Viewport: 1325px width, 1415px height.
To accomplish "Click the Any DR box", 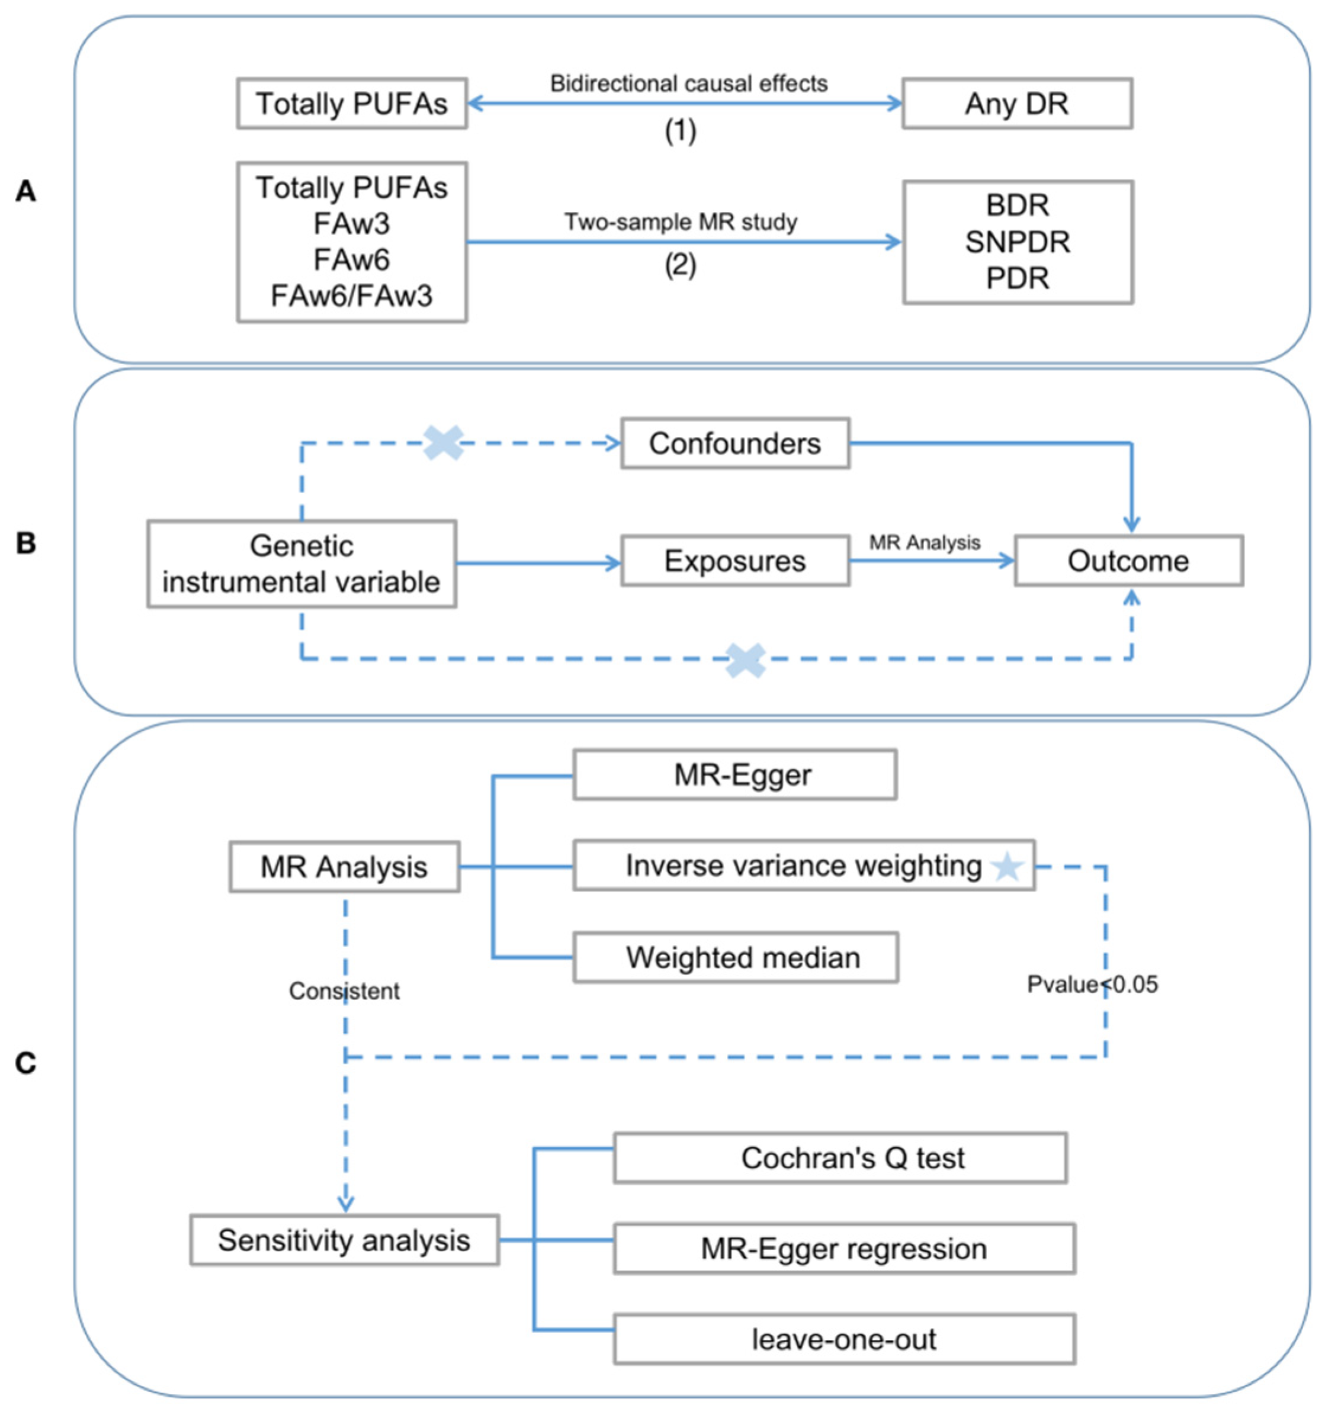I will point(1017,104).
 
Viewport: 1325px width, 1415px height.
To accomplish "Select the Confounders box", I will point(735,443).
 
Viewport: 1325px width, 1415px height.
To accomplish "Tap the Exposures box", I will point(735,561).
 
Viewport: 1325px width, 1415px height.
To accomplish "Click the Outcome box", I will point(1128,561).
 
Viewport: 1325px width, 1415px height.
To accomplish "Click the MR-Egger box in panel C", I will point(735,774).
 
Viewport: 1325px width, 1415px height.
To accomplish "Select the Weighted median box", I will point(736,957).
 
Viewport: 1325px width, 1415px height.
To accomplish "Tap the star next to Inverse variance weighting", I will point(1008,866).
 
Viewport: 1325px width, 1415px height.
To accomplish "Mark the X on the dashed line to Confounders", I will point(443,443).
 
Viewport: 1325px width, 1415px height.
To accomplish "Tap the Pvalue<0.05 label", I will point(1092,985).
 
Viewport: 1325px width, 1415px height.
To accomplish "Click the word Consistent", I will point(344,990).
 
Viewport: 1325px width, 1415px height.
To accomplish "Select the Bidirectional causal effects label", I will point(688,84).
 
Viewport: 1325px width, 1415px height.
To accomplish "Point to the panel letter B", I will point(25,543).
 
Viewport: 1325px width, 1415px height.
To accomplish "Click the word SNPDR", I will point(1017,242).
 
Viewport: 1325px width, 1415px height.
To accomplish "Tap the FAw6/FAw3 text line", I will point(352,295).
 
